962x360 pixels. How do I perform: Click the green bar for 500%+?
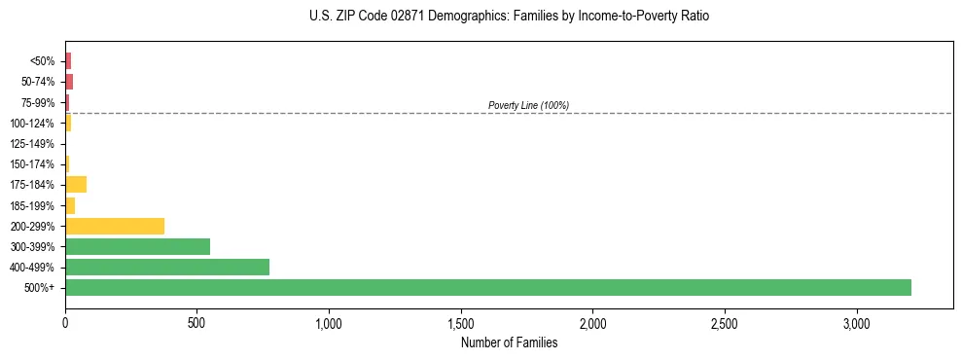[x=488, y=287]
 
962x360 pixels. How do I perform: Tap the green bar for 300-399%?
[x=137, y=246]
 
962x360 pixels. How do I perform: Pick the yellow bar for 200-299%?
[x=115, y=226]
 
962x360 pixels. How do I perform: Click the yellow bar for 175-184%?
[x=76, y=184]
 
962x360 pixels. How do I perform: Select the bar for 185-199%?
[x=70, y=205]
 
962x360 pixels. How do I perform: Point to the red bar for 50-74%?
[x=69, y=82]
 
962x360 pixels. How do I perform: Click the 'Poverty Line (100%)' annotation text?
[x=528, y=105]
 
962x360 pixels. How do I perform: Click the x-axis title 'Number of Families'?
[x=509, y=342]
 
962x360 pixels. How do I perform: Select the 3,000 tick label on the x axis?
[x=856, y=322]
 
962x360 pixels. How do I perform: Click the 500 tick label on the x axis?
[x=196, y=322]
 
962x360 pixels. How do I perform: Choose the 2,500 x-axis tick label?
[x=725, y=322]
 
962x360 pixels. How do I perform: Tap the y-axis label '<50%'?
[x=42, y=61]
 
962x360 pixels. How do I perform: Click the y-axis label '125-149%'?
[x=34, y=144]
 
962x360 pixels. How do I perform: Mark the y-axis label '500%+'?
[x=40, y=288]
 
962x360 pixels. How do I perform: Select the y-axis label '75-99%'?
[x=38, y=102]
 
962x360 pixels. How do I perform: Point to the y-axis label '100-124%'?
[x=34, y=124]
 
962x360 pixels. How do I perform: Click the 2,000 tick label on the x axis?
[x=592, y=322]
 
